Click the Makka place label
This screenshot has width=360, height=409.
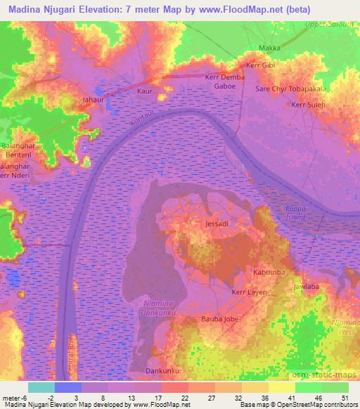click(x=270, y=48)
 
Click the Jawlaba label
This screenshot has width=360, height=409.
click(x=307, y=287)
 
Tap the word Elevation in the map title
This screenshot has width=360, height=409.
click(x=96, y=8)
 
